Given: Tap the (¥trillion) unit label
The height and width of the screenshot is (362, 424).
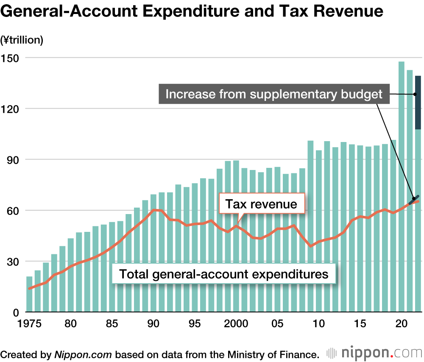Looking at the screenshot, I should [22, 40].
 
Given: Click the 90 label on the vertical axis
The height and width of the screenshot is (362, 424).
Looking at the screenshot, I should [13, 160].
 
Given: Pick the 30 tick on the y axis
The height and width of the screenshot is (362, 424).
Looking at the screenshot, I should [13, 262].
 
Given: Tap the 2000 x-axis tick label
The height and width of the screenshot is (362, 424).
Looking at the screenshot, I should [236, 324].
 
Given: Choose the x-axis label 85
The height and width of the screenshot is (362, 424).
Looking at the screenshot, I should [112, 324].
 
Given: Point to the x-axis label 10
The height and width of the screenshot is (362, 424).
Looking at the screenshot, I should [318, 324].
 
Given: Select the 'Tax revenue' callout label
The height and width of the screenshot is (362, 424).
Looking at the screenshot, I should [261, 204].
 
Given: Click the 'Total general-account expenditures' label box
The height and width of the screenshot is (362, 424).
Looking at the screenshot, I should [224, 274].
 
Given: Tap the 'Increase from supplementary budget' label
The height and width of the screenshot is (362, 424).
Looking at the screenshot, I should [274, 94].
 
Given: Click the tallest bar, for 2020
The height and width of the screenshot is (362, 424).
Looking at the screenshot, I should [401, 187].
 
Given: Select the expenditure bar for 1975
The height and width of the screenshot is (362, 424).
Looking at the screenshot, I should [29, 295].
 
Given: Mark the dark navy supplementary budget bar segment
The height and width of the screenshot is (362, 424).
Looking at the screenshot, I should [418, 102].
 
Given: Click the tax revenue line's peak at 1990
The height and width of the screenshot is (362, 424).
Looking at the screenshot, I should [153, 210].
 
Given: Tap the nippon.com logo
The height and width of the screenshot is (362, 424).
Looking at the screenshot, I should [375, 353].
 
